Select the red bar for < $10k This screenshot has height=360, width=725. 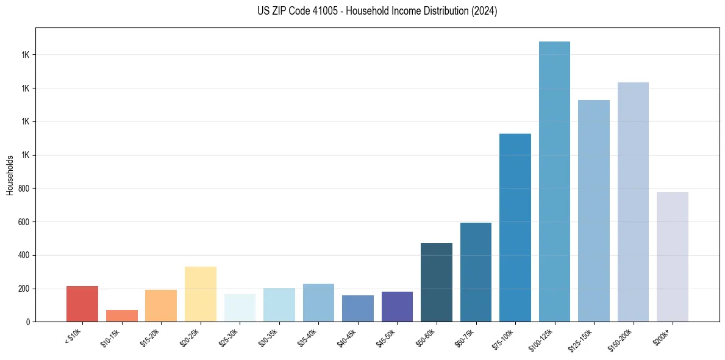82,304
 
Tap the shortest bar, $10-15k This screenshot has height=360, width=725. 121,315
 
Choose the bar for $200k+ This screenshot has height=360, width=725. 672,257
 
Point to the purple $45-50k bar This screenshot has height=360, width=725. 397,306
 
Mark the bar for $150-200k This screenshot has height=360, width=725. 633,202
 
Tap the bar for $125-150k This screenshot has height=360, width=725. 593,211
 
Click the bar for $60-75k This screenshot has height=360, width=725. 476,272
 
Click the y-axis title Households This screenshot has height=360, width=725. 10,175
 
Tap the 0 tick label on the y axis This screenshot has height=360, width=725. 27,322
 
